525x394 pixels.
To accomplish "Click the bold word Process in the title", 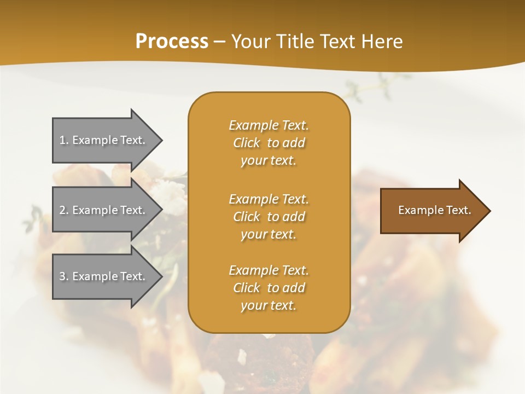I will pos(172,42).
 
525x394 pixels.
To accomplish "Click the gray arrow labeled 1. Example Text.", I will pos(104,140).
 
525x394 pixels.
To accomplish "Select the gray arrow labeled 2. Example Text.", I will pos(104,210).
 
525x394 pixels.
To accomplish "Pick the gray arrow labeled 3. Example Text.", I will pos(104,276).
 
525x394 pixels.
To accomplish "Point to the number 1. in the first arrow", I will pos(64,140).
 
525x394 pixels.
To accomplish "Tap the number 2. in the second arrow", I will pos(64,210).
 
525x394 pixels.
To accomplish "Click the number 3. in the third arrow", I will pos(64,276).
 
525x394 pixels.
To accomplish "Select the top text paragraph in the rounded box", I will pos(269,143).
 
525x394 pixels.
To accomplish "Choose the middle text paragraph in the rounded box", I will pos(269,217).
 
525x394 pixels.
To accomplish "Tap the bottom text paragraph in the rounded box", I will pos(269,288).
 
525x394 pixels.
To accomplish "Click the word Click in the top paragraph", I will pos(247,143).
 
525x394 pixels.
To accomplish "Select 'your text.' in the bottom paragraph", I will pos(269,305).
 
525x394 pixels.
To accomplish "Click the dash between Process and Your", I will pos(219,42).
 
